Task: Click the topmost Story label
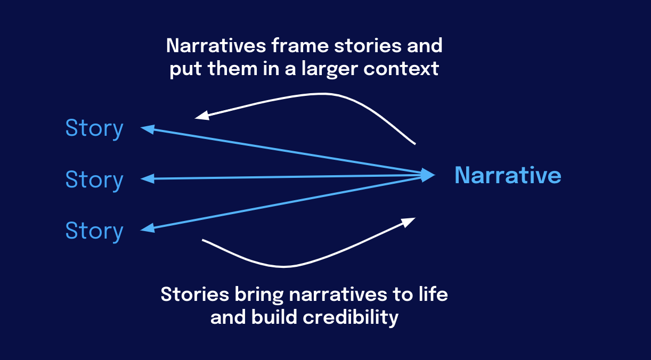pyautogui.click(x=94, y=129)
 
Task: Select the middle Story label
pyautogui.click(x=94, y=180)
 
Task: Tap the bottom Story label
pyautogui.click(x=94, y=232)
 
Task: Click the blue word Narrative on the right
pyautogui.click(x=508, y=175)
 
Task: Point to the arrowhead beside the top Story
pyautogui.click(x=148, y=129)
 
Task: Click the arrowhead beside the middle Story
pyautogui.click(x=148, y=178)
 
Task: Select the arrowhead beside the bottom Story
pyautogui.click(x=148, y=228)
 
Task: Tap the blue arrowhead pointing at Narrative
pyautogui.click(x=428, y=175)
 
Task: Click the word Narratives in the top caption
pyautogui.click(x=216, y=46)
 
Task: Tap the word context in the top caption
pyautogui.click(x=401, y=69)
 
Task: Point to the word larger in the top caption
pyautogui.click(x=330, y=69)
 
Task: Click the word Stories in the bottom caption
pyautogui.click(x=195, y=294)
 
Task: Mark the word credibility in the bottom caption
pyautogui.click(x=351, y=317)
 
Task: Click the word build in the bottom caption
pyautogui.click(x=274, y=317)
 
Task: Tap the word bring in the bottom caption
pyautogui.click(x=259, y=295)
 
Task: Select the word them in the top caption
pyautogui.click(x=232, y=69)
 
